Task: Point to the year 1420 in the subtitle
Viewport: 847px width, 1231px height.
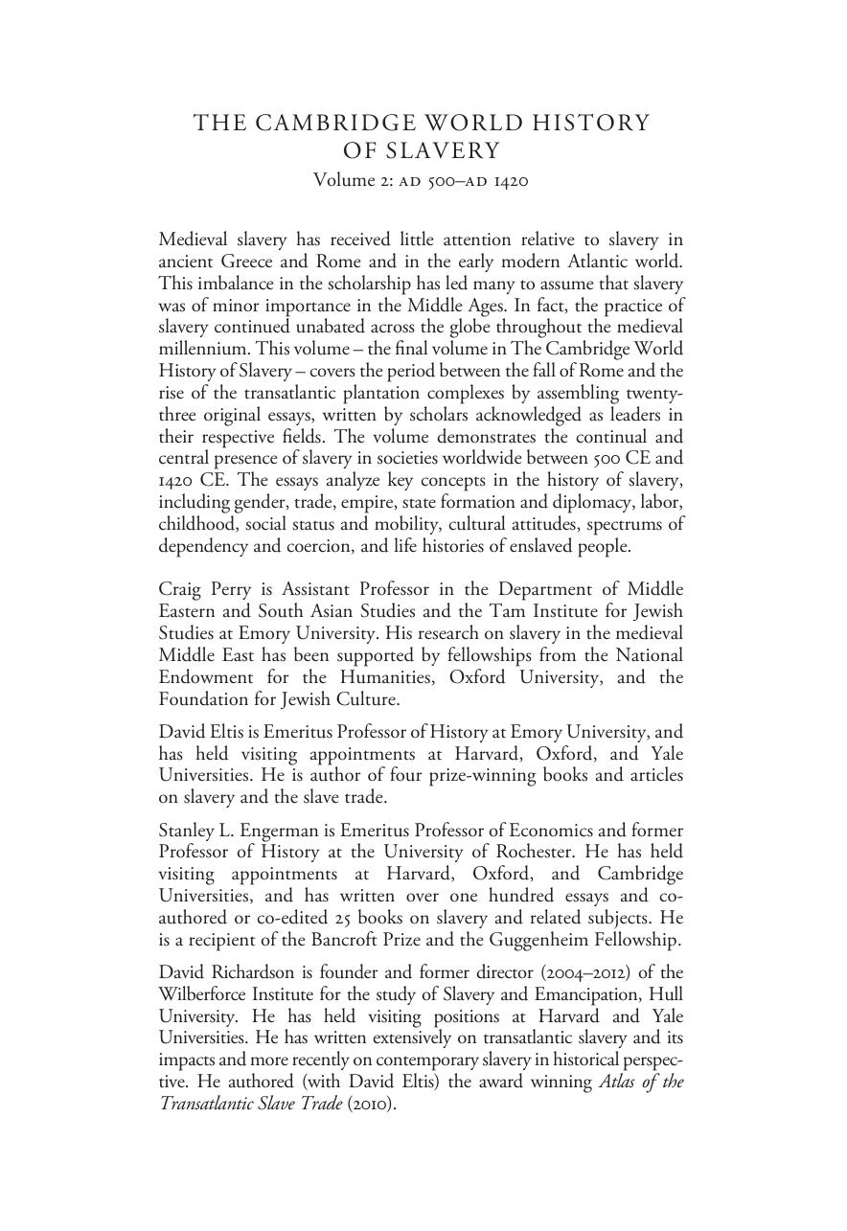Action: [x=510, y=180]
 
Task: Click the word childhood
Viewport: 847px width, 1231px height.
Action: [x=197, y=524]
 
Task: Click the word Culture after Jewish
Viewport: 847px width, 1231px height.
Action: [x=366, y=699]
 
